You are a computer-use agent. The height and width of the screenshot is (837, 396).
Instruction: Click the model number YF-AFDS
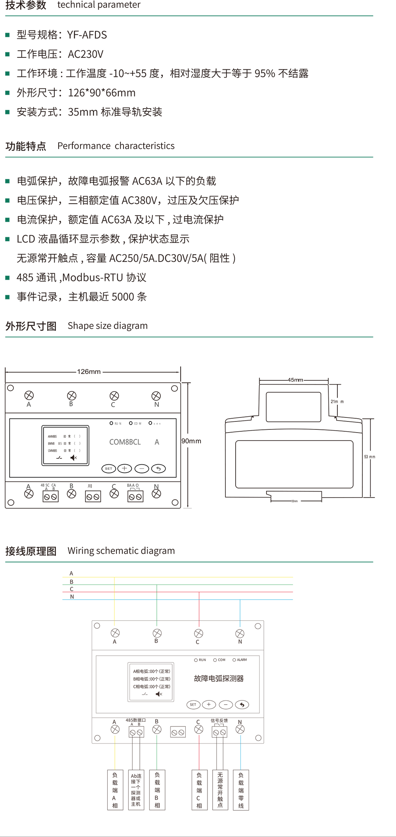click(87, 35)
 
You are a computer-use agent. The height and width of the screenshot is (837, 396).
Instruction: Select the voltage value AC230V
click(86, 54)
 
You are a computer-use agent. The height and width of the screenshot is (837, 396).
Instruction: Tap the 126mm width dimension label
click(89, 372)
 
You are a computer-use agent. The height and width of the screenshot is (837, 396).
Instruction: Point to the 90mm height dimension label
click(191, 441)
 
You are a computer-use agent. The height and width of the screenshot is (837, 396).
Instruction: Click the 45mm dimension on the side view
click(295, 380)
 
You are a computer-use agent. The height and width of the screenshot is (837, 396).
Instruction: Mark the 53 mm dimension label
click(369, 457)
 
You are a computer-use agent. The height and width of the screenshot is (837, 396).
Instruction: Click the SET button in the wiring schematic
click(193, 705)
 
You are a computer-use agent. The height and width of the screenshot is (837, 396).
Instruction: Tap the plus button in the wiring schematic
click(209, 704)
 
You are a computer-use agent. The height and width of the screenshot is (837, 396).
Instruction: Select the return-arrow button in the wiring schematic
click(242, 704)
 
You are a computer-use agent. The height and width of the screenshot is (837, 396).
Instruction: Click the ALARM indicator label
click(242, 660)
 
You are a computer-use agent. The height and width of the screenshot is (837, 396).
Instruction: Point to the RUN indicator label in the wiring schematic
click(202, 660)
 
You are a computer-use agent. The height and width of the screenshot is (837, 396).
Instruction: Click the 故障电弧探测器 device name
click(219, 679)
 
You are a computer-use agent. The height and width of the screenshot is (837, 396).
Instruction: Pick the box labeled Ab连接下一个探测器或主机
click(136, 790)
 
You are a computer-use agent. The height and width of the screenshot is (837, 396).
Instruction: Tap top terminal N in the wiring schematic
click(240, 633)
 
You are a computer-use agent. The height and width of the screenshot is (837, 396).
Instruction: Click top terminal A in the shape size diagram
click(29, 395)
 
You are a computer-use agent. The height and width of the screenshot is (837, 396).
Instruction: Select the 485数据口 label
click(135, 720)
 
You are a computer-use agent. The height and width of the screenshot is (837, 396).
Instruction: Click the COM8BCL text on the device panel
click(125, 442)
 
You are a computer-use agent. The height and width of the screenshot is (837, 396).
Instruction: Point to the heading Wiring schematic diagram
click(121, 551)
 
